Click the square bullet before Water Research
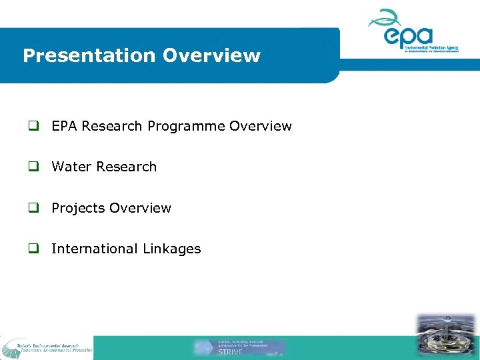pos(32,167)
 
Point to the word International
pos(94,249)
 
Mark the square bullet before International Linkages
pos(32,249)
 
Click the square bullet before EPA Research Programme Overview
pos(32,127)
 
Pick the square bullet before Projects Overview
pos(32,209)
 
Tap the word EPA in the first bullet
pos(65,126)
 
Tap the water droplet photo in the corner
pos(446,337)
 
